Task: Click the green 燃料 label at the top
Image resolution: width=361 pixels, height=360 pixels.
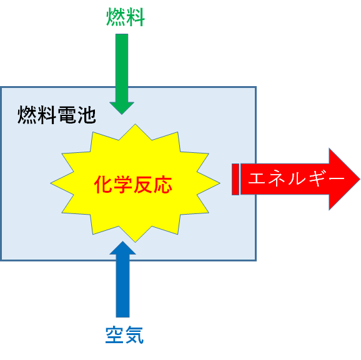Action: click(x=126, y=17)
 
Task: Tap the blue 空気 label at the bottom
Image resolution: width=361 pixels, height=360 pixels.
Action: click(x=124, y=335)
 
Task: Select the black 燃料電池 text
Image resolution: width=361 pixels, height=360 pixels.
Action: click(x=57, y=115)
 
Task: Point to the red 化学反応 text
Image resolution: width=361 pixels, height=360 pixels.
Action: click(x=133, y=185)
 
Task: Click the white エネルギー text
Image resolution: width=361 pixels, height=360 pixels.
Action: click(x=296, y=178)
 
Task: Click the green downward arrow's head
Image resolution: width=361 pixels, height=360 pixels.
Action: click(x=122, y=108)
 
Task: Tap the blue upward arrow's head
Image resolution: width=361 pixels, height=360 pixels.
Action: click(x=122, y=248)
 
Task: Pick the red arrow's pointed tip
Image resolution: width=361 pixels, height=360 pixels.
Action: click(x=359, y=179)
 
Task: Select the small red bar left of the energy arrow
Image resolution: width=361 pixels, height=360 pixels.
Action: click(x=235, y=180)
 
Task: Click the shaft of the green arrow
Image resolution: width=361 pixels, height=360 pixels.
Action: click(x=122, y=68)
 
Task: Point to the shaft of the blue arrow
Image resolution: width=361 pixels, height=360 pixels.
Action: click(x=122, y=286)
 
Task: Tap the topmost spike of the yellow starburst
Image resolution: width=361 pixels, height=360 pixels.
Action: click(x=135, y=125)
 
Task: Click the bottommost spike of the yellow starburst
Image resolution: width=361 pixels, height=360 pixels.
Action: click(x=135, y=241)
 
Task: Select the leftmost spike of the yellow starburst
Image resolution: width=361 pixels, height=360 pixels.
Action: click(x=51, y=183)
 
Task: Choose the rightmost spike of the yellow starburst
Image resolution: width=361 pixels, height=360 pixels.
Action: click(x=219, y=183)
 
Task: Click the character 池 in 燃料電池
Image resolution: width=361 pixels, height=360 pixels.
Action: click(x=87, y=115)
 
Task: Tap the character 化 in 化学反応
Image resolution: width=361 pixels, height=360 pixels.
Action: click(x=103, y=185)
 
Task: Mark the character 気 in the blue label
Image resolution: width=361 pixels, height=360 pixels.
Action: click(x=134, y=335)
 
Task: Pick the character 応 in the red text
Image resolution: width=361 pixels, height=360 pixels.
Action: click(x=163, y=185)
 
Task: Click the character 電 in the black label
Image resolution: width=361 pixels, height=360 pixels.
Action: click(x=67, y=115)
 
